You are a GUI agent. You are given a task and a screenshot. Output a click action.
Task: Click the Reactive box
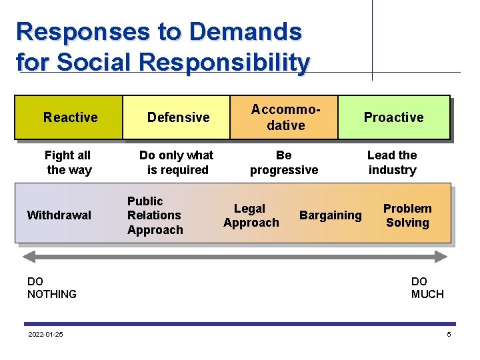click(69, 117)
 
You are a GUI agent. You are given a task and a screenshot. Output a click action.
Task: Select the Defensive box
click(177, 117)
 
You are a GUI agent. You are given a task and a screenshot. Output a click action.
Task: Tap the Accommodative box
click(285, 117)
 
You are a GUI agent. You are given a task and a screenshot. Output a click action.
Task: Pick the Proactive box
click(393, 117)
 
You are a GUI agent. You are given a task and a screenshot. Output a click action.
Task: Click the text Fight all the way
click(68, 163)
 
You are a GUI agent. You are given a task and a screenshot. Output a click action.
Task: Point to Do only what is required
click(177, 163)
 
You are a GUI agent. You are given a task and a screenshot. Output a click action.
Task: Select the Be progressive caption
click(284, 163)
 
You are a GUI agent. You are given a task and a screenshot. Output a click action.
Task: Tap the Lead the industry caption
click(392, 163)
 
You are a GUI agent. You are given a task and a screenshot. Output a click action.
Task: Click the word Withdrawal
click(59, 215)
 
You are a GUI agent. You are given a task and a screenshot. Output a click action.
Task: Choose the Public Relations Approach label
click(155, 215)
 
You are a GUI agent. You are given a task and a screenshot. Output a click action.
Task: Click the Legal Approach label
click(251, 215)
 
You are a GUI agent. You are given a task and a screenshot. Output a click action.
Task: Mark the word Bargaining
click(330, 215)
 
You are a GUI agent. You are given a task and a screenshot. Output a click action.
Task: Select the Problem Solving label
click(407, 215)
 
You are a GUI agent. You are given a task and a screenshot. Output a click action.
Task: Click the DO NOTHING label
click(51, 287)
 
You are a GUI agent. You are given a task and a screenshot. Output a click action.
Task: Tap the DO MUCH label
click(427, 287)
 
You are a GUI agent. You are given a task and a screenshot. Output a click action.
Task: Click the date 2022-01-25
click(45, 335)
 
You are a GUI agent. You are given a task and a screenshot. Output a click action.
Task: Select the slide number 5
click(449, 335)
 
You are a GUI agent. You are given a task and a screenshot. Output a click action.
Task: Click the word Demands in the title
click(245, 31)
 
